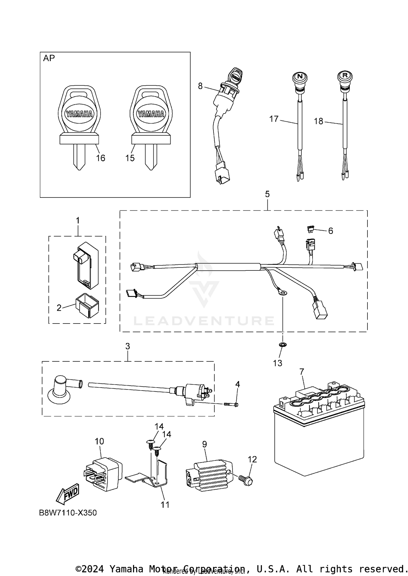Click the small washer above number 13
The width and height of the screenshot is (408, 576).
(283, 345)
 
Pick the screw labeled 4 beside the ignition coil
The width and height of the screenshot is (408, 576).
(231, 404)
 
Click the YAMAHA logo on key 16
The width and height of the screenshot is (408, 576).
(79, 114)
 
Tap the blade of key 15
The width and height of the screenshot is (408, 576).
(151, 157)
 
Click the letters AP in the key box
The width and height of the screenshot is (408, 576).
(49, 58)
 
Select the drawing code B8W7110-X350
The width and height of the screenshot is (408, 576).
(68, 513)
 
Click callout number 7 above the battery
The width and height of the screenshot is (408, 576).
(301, 371)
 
